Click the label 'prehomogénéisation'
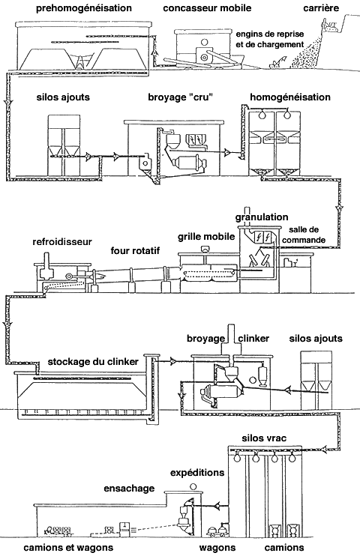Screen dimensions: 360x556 pyautogui.click(x=84, y=8)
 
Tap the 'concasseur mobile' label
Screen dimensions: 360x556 pyautogui.click(x=207, y=7)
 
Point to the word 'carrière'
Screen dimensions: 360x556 pyautogui.click(x=321, y=7)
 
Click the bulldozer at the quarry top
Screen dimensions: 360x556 pyautogui.click(x=330, y=26)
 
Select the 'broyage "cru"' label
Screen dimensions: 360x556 pyautogui.click(x=180, y=97)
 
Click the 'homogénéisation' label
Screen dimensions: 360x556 pyautogui.click(x=290, y=97)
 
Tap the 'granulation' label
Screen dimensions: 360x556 pyautogui.click(x=262, y=217)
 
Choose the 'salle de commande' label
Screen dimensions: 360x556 pyautogui.click(x=304, y=235)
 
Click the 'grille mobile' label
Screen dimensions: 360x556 pyautogui.click(x=206, y=237)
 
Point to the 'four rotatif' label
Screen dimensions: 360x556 pyautogui.click(x=135, y=251)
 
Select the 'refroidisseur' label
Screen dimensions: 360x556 pyautogui.click(x=62, y=242)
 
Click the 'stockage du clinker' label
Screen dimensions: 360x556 pyautogui.click(x=93, y=362)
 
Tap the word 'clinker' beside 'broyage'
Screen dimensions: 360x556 pyautogui.click(x=253, y=338)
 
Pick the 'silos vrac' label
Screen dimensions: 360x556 pyautogui.click(x=264, y=438)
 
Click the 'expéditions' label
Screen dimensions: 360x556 pyautogui.click(x=197, y=473)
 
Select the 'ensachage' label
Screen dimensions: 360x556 pyautogui.click(x=129, y=489)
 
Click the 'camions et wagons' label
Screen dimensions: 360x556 pyautogui.click(x=68, y=548)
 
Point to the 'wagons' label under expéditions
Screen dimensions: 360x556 pyautogui.click(x=217, y=548)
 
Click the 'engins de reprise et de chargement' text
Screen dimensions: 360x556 pyautogui.click(x=270, y=40)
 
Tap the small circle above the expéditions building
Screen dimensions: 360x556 pyautogui.click(x=193, y=486)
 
